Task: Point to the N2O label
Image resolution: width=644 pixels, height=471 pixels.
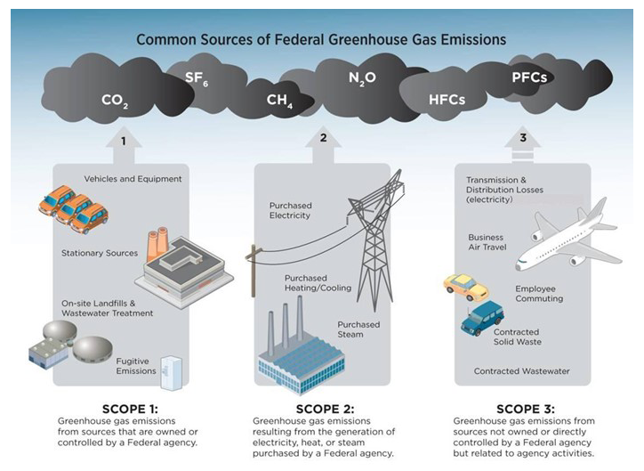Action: [362, 78]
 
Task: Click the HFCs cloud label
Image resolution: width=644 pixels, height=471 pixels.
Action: [446, 99]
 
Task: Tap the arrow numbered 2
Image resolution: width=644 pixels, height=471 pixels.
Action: [324, 142]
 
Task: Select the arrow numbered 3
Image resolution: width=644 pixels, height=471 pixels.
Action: [523, 142]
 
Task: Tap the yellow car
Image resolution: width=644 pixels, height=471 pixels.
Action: [465, 287]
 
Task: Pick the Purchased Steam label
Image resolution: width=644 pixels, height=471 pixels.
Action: [358, 330]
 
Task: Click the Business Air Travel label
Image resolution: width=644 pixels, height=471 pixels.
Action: [486, 243]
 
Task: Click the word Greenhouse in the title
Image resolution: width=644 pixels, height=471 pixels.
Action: [364, 39]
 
